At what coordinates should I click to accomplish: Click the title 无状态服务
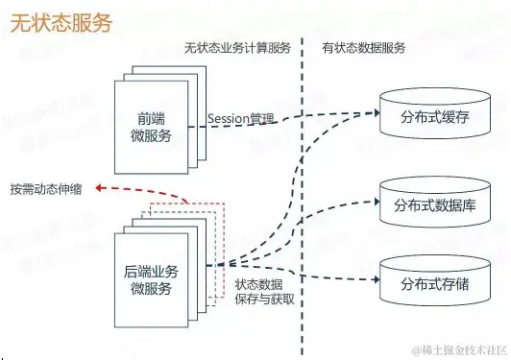[x=61, y=21]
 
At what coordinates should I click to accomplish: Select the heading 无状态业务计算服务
[x=238, y=48]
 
